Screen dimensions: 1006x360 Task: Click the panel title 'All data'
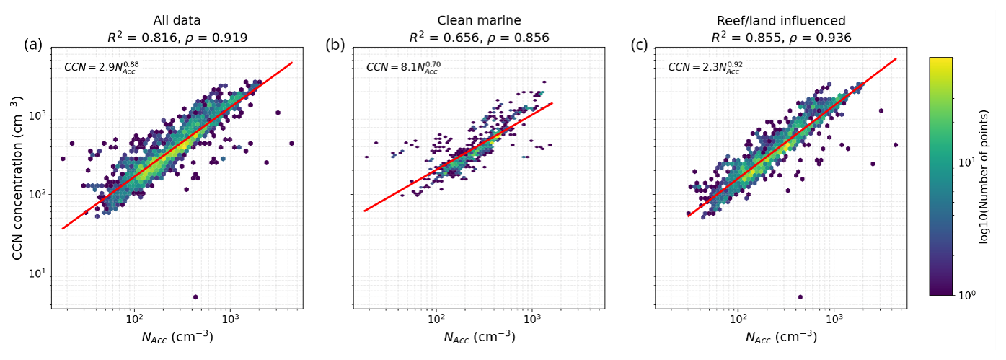tap(177, 21)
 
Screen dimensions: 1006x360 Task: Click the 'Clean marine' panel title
tap(479, 21)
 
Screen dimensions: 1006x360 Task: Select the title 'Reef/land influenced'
tap(781, 21)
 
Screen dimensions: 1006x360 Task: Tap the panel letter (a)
tap(33, 45)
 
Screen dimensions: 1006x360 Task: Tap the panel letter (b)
tap(335, 45)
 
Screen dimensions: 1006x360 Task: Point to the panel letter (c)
tap(639, 45)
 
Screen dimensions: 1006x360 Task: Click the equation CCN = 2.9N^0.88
tap(102, 67)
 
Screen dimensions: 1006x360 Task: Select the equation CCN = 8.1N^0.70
tap(403, 67)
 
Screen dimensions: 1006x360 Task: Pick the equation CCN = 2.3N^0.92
tap(705, 67)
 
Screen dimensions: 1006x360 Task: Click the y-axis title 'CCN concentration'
tap(17, 178)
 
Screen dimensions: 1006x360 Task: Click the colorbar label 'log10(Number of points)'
tap(984, 177)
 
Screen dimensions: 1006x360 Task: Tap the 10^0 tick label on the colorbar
tap(967, 294)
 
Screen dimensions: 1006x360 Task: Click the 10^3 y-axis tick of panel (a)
tap(38, 115)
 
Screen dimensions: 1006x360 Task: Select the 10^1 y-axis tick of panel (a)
tap(38, 273)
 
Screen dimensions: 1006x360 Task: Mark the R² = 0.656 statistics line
tap(479, 38)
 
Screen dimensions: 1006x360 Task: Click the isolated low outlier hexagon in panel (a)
tap(195, 297)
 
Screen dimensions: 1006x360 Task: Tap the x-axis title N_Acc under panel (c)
tap(782, 337)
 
